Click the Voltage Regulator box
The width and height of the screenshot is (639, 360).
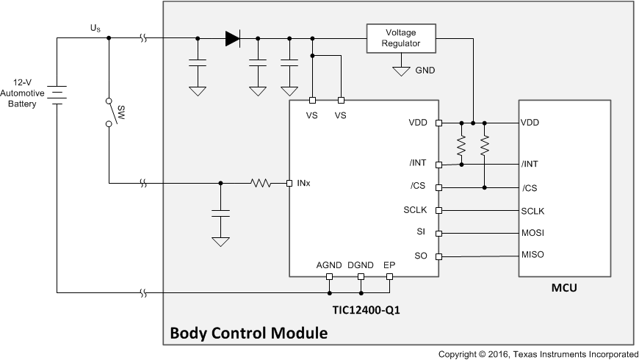pyautogui.click(x=400, y=37)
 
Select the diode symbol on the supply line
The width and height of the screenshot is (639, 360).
pyautogui.click(x=233, y=38)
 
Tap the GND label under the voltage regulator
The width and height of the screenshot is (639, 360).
pyautogui.click(x=425, y=71)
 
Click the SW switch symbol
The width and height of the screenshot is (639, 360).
pyautogui.click(x=109, y=112)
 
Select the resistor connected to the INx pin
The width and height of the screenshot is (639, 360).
pyautogui.click(x=261, y=182)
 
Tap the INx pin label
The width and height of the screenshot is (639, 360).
pyautogui.click(x=304, y=182)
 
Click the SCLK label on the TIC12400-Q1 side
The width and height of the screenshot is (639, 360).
pyautogui.click(x=415, y=210)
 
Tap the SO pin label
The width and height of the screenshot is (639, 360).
pyautogui.click(x=420, y=256)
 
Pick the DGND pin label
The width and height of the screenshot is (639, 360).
pyautogui.click(x=360, y=264)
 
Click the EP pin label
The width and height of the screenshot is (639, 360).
pyautogui.click(x=389, y=264)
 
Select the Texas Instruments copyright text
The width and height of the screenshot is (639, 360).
pyautogui.click(x=538, y=354)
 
